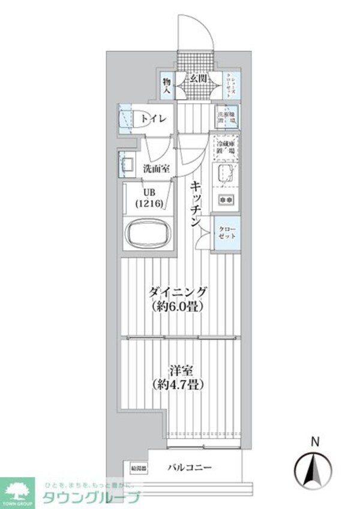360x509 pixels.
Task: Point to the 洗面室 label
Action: (156, 169)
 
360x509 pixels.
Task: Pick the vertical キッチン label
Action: (197, 204)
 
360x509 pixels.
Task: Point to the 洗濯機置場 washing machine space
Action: (227, 115)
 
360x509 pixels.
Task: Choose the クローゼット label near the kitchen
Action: (227, 232)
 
